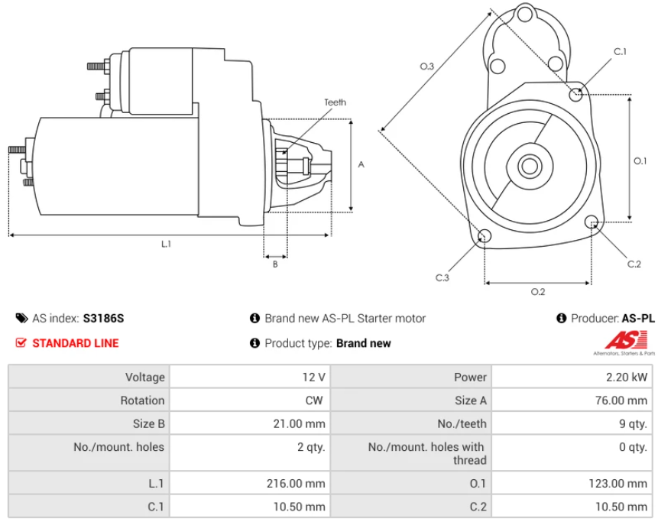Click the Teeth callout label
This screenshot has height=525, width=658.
(335, 102)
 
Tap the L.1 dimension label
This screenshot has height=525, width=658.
(166, 244)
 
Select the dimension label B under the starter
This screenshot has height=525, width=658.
(275, 264)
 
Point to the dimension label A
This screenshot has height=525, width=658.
(361, 164)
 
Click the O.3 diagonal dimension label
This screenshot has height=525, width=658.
(427, 67)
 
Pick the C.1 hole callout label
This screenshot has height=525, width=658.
(620, 51)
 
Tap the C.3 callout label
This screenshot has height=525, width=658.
(442, 277)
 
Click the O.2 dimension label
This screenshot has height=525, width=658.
(538, 291)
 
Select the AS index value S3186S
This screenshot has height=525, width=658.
(103, 318)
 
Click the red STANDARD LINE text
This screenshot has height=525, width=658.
(75, 343)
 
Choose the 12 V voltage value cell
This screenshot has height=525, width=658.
(313, 377)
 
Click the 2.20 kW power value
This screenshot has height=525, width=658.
(630, 377)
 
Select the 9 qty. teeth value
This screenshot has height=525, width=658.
(633, 423)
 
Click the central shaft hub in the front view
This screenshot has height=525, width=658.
(529, 165)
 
